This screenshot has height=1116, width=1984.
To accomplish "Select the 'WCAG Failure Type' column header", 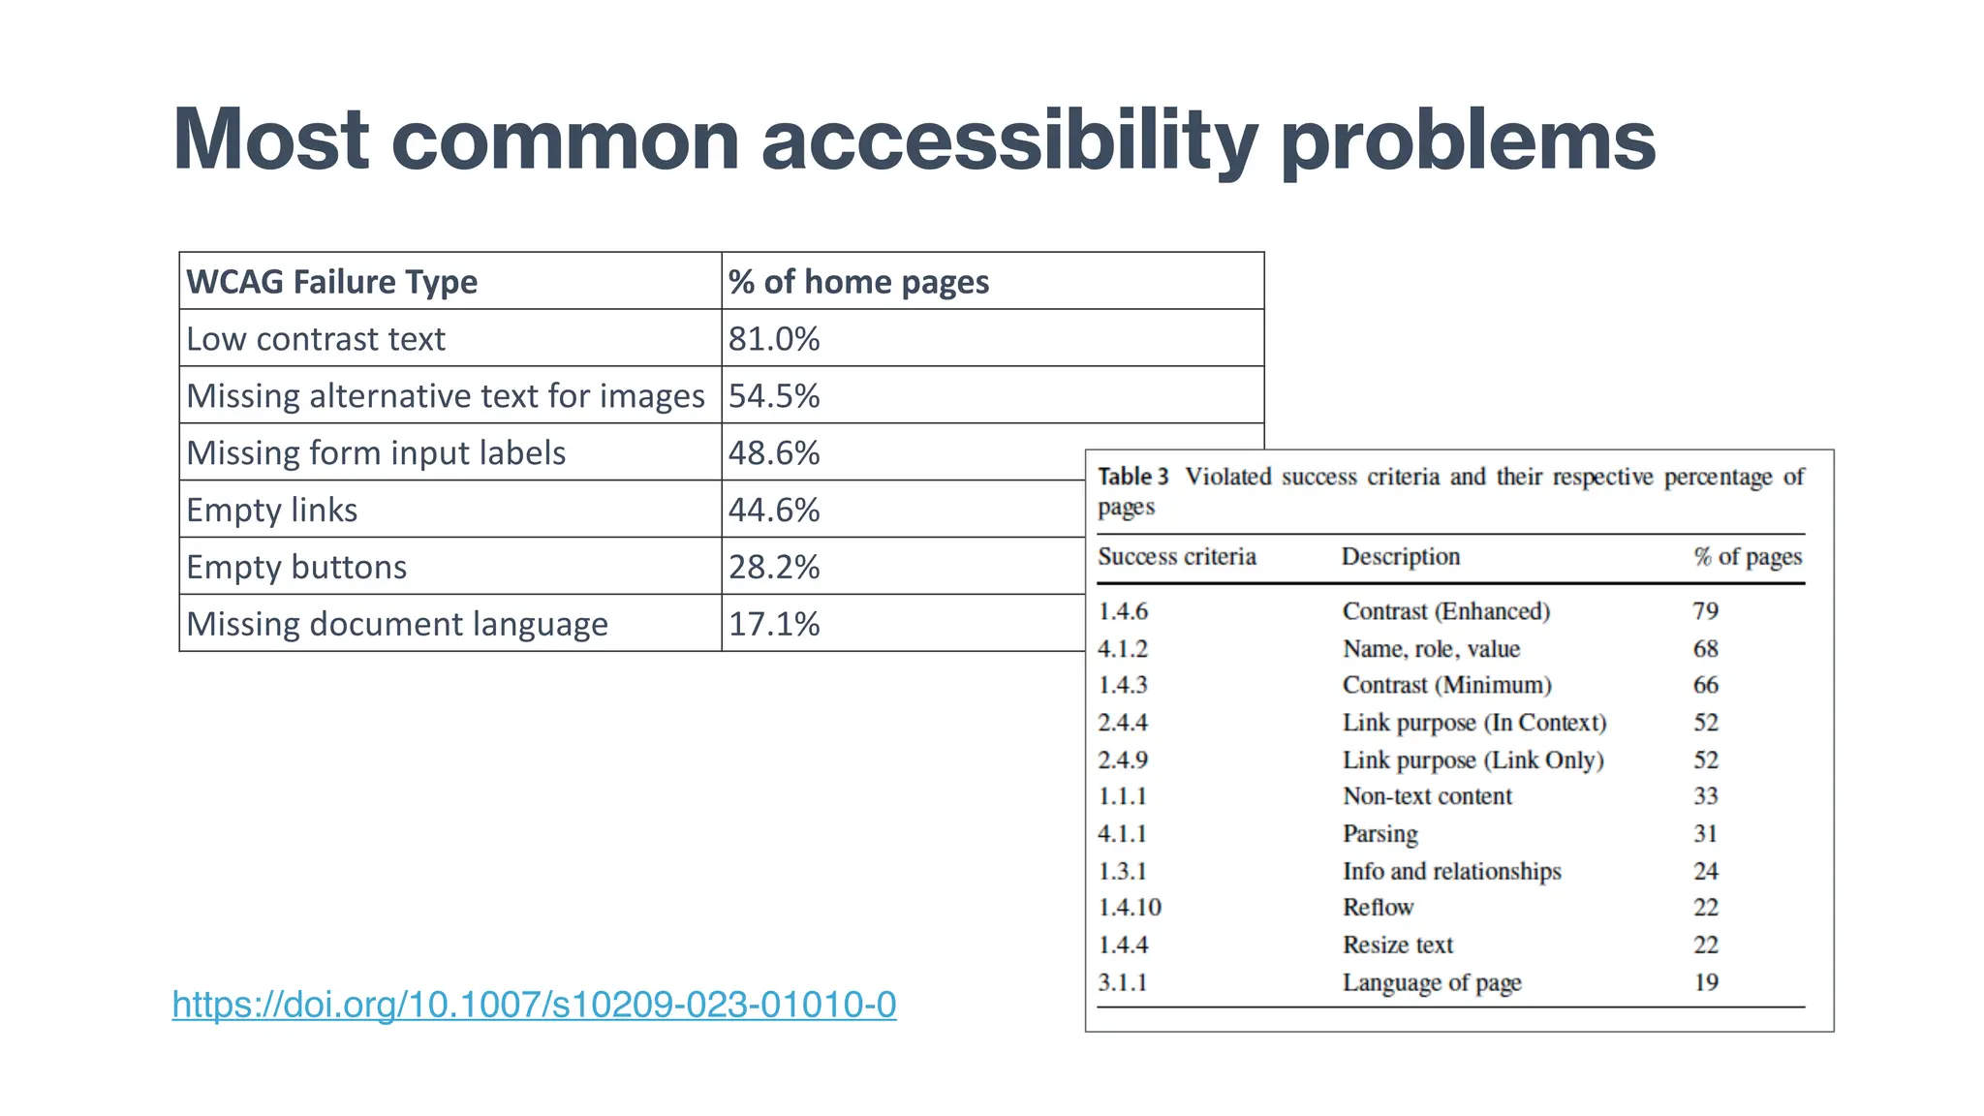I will pos(331,282).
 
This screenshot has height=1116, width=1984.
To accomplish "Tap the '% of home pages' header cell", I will pos(858,282).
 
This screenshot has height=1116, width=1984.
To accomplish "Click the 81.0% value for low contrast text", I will pos(774,339).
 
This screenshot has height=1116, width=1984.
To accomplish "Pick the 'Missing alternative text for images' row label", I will pos(445,396).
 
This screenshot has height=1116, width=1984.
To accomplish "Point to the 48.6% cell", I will pos(774,453).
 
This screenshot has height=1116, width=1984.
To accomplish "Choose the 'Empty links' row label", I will pos(271,511).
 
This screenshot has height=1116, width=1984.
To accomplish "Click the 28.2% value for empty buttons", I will pos(774,568).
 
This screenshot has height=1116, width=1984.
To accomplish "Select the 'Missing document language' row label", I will pos(397,625).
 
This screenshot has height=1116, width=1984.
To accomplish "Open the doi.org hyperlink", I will pos(534,1005).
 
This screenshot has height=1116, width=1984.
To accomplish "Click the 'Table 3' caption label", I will pos(1132,477).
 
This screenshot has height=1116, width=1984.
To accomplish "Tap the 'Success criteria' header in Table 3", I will pos(1177,557).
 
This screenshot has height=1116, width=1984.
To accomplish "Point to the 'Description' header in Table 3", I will pos(1400,557).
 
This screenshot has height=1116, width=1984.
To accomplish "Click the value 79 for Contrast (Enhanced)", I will pos(1705,611).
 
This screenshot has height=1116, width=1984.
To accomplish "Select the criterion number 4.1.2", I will pos(1122,649).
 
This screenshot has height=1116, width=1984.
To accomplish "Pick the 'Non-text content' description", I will pos(1427,796).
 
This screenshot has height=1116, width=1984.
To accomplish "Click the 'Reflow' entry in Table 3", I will pos(1378,908).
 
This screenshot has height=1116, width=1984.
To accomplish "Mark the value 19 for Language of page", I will pos(1705,982).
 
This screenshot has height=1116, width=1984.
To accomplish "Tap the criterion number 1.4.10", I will pos(1129,908).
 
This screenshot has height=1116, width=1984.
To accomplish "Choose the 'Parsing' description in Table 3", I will pos(1379,834).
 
